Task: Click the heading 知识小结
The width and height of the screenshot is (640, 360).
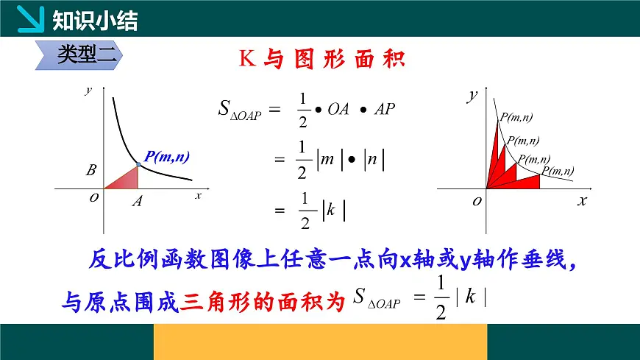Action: (95, 21)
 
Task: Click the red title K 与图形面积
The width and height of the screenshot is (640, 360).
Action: (322, 59)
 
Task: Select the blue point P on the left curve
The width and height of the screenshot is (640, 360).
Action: (138, 165)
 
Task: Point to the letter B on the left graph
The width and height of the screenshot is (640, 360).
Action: (91, 171)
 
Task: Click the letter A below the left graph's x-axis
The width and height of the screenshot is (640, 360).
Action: (137, 201)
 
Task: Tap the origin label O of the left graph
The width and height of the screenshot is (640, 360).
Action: (94, 198)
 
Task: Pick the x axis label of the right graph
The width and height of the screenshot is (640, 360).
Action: (581, 200)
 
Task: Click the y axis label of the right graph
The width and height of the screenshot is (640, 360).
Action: (472, 96)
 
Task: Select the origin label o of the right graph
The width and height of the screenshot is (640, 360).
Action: (477, 201)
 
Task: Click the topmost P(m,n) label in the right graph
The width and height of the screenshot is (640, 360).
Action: (517, 117)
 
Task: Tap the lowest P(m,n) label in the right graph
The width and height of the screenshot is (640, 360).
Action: (558, 172)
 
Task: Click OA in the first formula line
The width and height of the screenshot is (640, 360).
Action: (338, 109)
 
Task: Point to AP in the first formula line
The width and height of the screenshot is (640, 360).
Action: (385, 109)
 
